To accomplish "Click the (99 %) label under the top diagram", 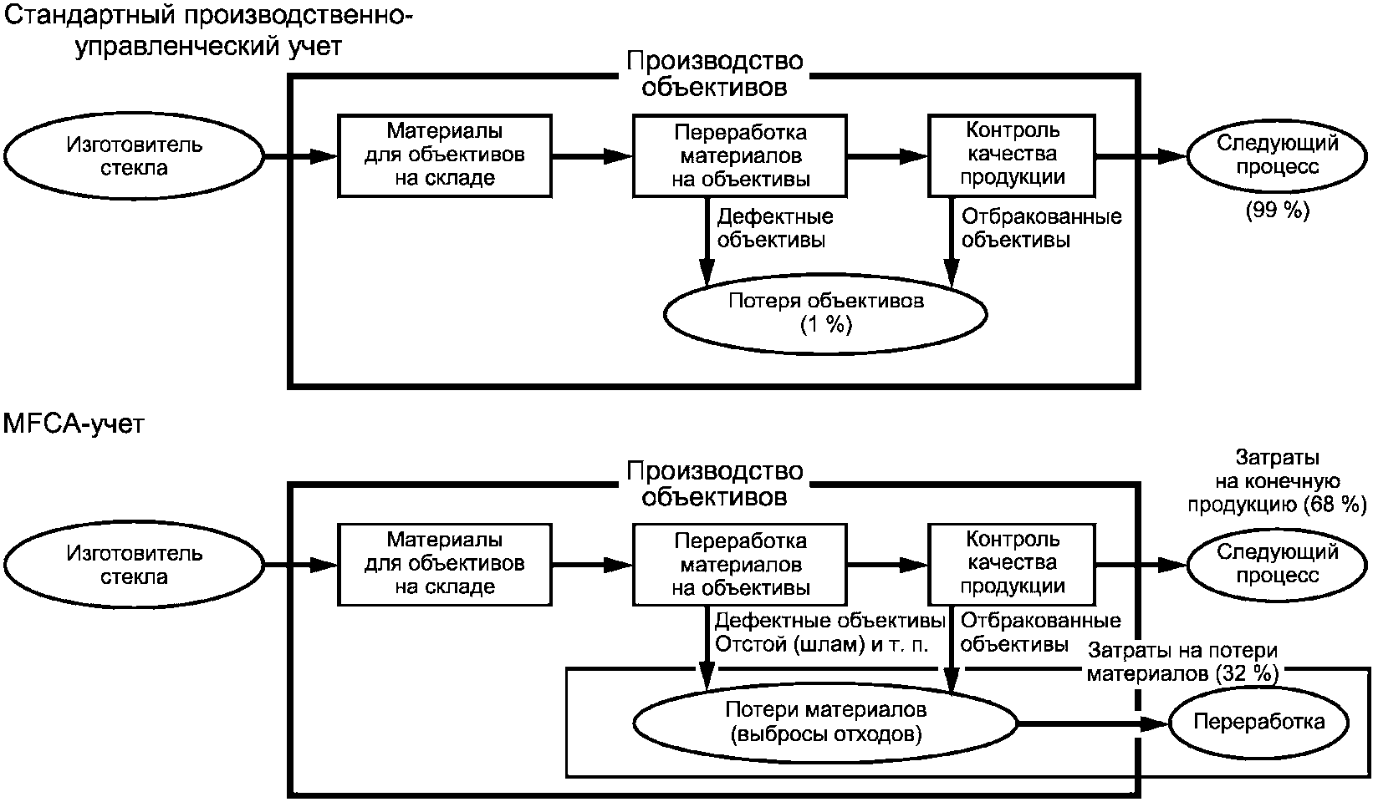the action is tap(1278, 211).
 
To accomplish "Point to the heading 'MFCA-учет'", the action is tap(74, 424).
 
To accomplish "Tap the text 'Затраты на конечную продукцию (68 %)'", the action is tap(1278, 481).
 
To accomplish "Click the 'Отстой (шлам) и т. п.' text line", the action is tap(821, 644).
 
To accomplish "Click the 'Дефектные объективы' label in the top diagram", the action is tap(775, 228).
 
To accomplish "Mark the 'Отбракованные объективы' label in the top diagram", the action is tap(1041, 228).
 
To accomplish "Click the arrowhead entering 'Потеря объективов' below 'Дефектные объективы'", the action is tap(707, 272).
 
